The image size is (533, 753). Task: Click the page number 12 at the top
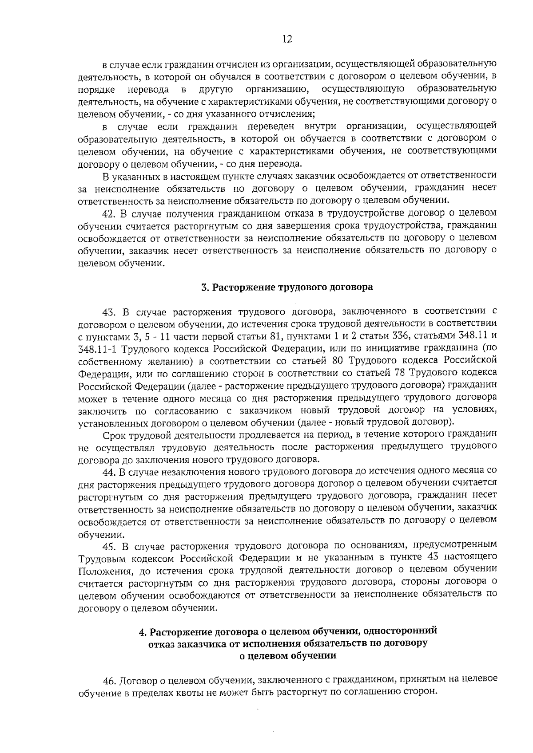click(x=287, y=39)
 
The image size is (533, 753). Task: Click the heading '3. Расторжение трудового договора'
click(x=287, y=287)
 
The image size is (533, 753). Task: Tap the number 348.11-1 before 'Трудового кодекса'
click(x=98, y=347)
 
